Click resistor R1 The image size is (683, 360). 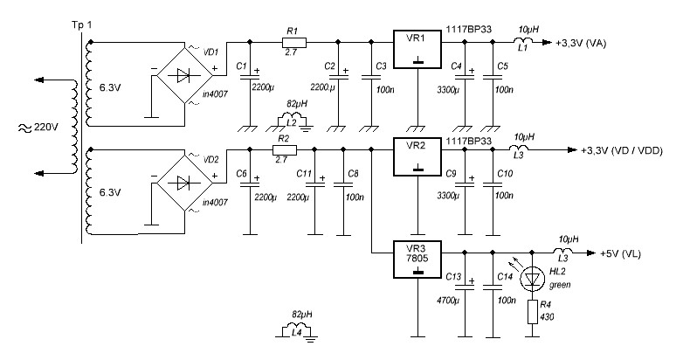[293, 41]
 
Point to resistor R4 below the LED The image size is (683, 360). [532, 312]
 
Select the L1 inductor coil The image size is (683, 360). [528, 40]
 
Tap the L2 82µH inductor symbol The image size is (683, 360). [295, 121]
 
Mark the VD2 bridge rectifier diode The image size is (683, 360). [183, 183]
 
